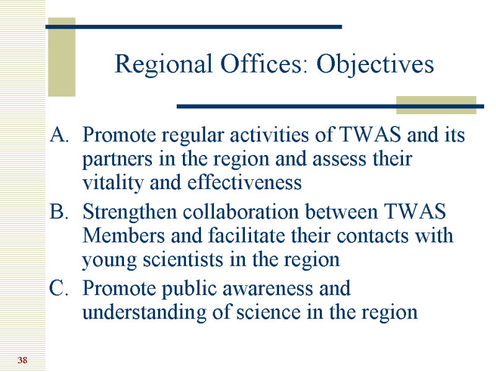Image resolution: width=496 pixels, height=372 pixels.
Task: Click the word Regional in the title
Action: coord(163,64)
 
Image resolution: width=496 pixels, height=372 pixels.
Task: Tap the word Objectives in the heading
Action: coord(375,64)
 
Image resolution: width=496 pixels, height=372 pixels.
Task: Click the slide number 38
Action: coord(22,360)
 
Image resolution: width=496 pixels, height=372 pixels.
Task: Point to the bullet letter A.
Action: coord(59,135)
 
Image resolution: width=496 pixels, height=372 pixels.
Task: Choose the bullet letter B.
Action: coord(59,211)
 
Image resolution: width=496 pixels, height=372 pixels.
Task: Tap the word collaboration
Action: coord(241,211)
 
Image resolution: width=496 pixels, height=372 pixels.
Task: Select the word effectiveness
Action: coord(244,182)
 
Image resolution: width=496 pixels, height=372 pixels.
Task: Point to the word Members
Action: coord(123,236)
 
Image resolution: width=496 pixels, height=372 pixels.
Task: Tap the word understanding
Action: coord(144,313)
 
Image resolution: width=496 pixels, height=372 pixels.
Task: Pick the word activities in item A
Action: coord(269,135)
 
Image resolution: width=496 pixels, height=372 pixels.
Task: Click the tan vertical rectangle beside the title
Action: coord(61,57)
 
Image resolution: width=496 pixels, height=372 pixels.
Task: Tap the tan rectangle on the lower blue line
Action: coord(436,105)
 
